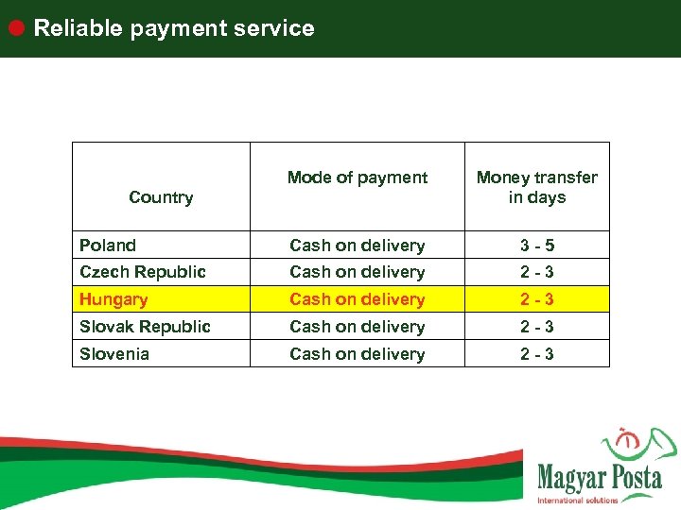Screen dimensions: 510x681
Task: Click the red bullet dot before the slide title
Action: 17,27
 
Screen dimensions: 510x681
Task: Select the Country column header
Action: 161,197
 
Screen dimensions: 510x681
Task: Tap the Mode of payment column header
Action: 358,178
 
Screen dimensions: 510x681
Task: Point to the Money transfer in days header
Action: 537,187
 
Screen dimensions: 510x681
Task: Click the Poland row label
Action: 108,246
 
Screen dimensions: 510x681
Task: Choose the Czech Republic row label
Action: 142,272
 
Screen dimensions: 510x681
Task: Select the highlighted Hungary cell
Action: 113,299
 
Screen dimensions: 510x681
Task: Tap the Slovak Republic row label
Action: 145,327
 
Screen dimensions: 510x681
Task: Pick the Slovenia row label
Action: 113,354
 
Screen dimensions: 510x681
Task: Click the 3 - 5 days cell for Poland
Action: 537,246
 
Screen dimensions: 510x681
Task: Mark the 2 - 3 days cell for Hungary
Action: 537,299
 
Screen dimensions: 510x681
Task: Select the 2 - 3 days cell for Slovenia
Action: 537,354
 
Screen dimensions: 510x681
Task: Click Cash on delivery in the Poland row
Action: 357,246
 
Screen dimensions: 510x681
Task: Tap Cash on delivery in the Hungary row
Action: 357,299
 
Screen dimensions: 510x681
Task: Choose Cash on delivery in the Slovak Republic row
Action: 357,327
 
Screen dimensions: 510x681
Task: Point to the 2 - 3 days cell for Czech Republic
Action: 537,272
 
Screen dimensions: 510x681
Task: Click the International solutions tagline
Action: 577,500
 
